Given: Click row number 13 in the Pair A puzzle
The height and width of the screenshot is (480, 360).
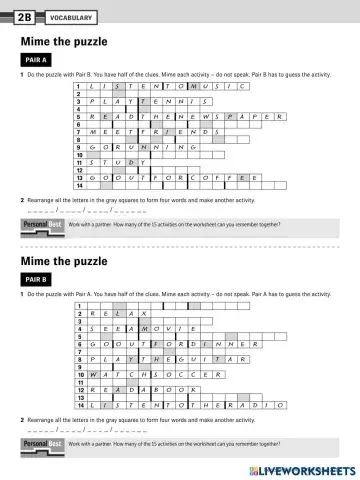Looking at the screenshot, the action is pos(80,178).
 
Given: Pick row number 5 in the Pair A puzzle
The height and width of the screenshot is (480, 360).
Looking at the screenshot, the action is pos(80,116).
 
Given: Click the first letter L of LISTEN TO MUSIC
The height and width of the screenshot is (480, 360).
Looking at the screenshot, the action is pos(92,87).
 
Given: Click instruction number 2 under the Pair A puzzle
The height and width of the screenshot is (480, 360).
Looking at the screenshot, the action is pos(22,200).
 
